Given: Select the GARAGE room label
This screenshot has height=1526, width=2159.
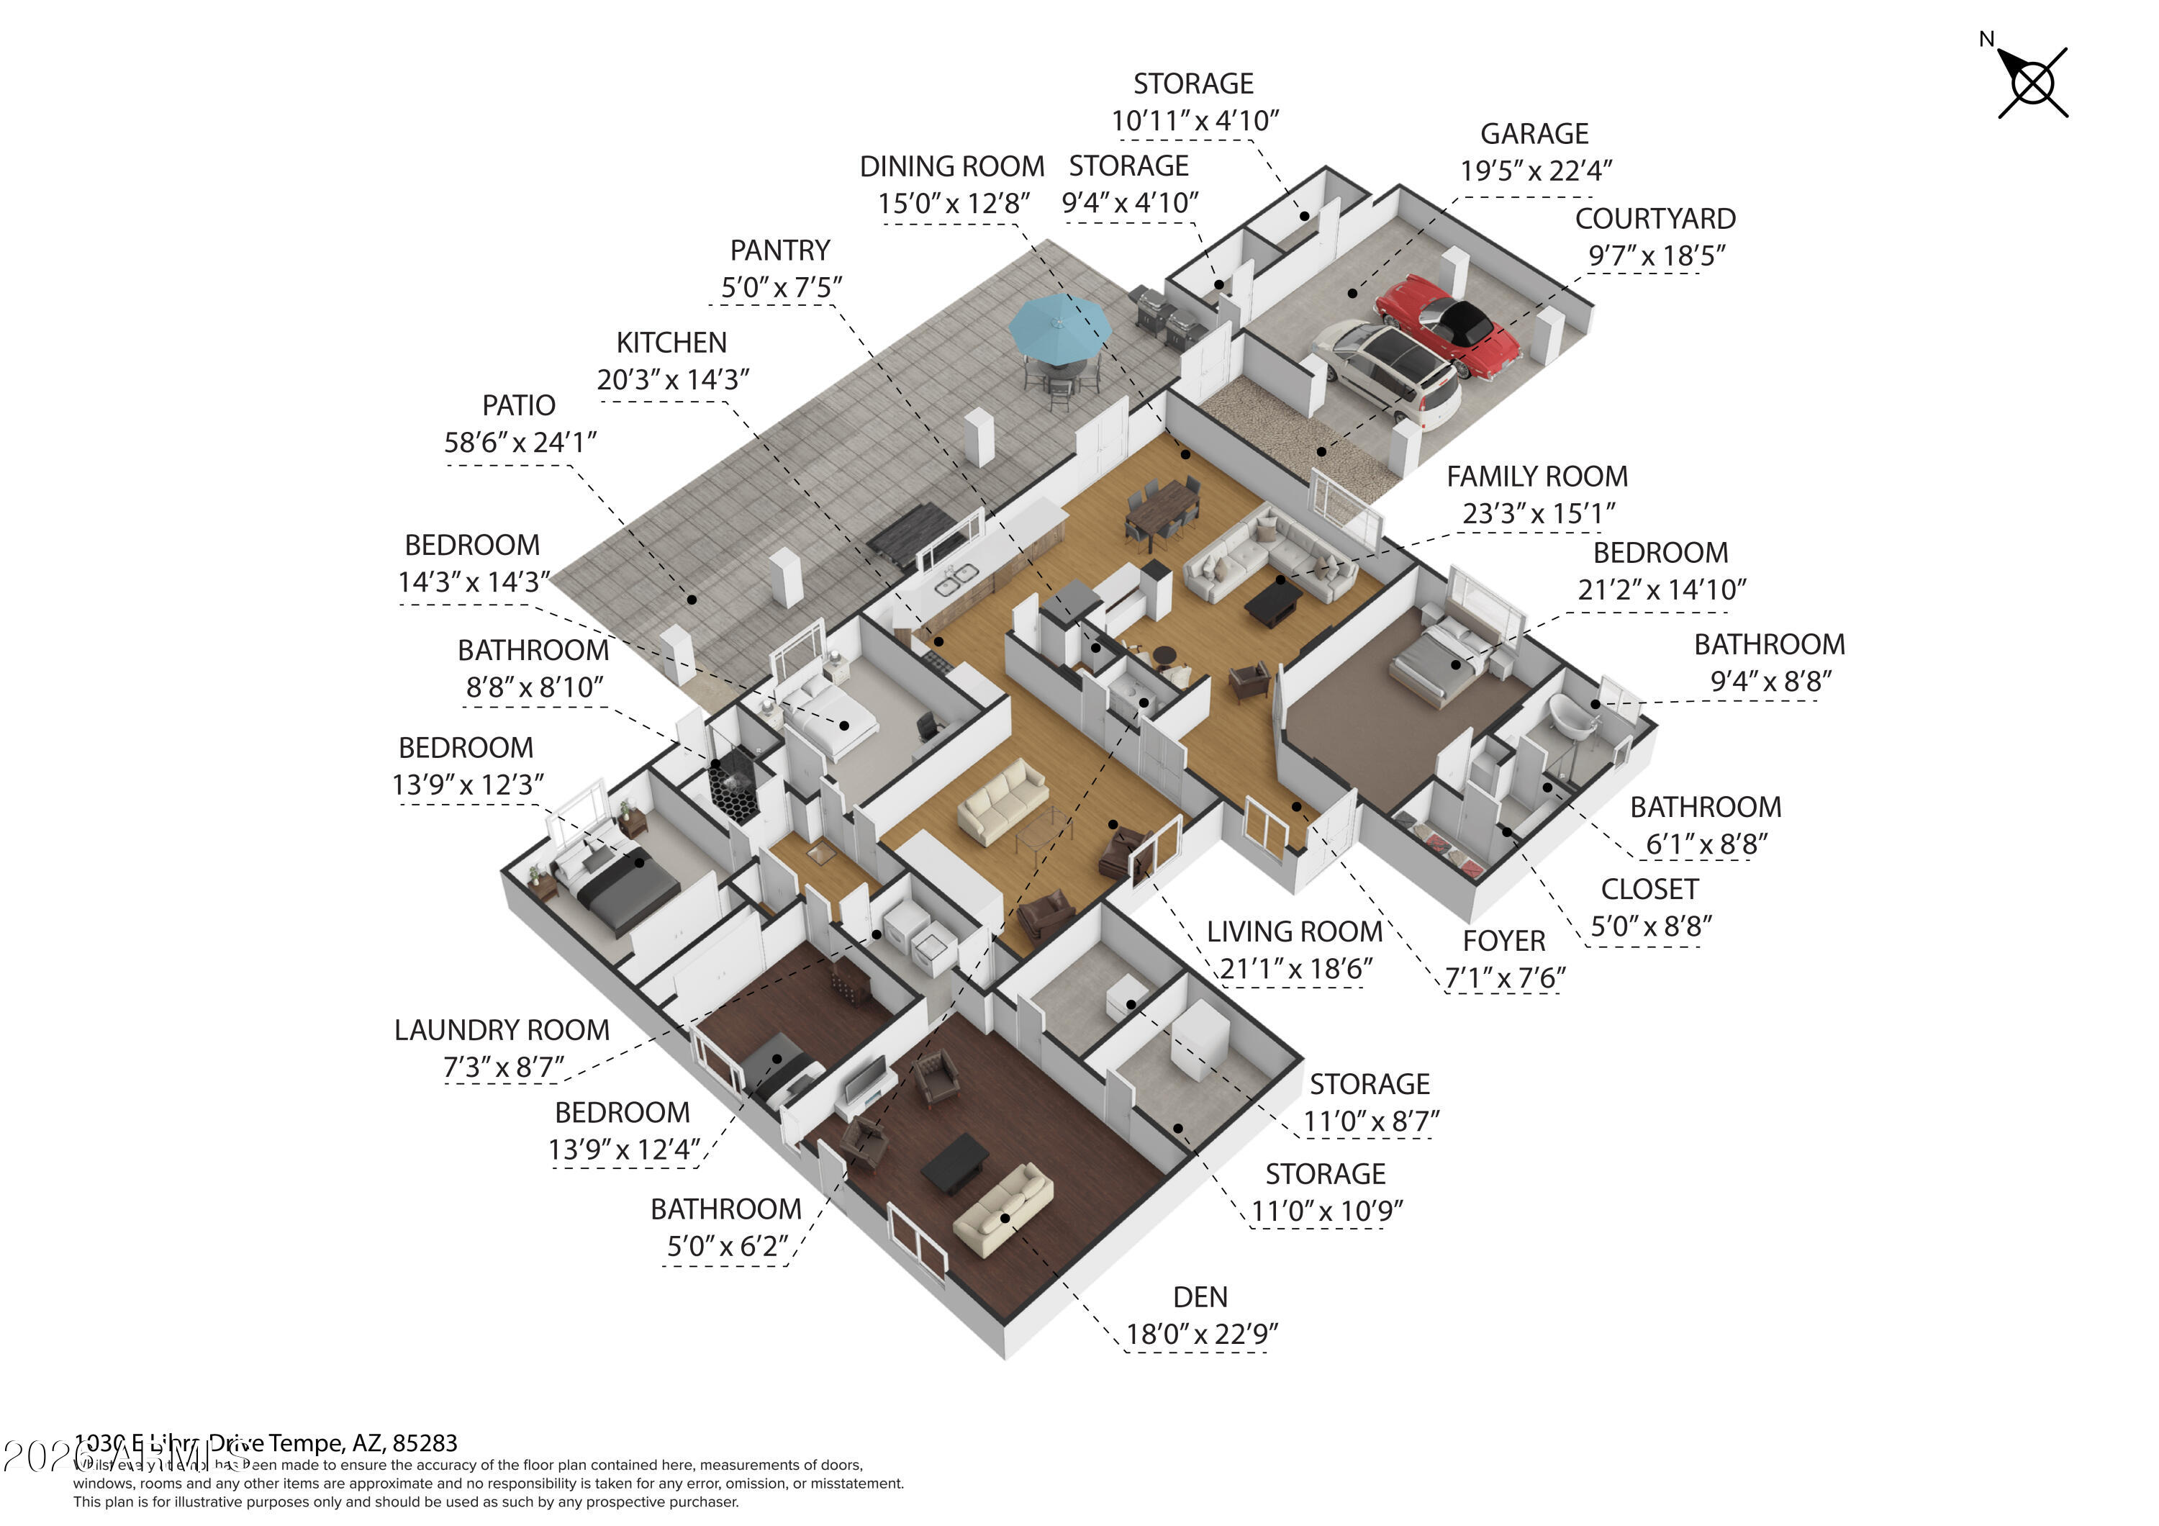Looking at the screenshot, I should [1534, 135].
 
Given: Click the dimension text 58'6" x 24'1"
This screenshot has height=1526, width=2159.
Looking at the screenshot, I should [520, 442].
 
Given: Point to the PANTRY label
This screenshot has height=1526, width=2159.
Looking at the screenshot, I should [780, 251].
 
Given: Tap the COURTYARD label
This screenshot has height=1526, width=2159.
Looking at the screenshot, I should [1655, 219].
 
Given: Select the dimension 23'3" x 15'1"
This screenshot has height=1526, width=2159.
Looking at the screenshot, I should [1539, 513].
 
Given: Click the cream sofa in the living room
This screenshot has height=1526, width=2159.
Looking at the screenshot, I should [1002, 802].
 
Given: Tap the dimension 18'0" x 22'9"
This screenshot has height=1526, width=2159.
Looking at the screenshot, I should [1202, 1335].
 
